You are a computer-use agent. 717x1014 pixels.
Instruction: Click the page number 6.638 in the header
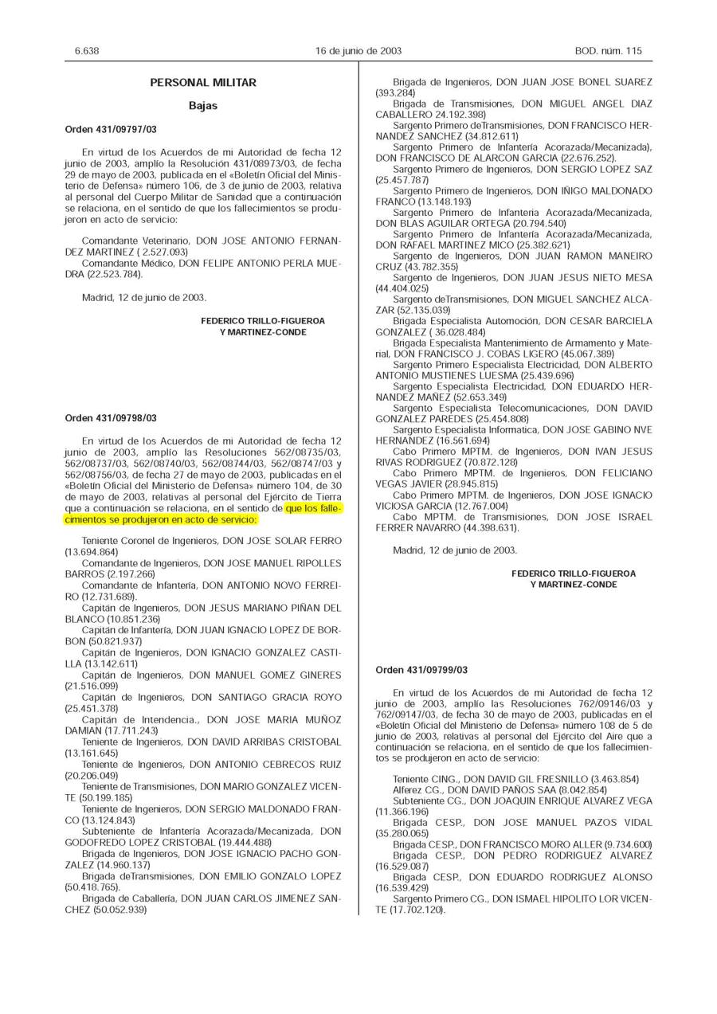[x=87, y=51]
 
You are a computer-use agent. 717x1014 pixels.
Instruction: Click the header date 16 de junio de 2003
[x=358, y=51]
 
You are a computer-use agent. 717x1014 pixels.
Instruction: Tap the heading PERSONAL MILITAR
[x=203, y=83]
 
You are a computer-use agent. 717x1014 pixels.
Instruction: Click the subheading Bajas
[x=203, y=105]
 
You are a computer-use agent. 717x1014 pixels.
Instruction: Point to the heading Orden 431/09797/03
[x=111, y=129]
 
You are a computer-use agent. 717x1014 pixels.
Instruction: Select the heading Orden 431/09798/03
[x=111, y=418]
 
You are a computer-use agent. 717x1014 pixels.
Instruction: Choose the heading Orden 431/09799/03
[x=421, y=671]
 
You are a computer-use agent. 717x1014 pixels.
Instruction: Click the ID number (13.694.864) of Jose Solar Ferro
[x=92, y=552]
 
